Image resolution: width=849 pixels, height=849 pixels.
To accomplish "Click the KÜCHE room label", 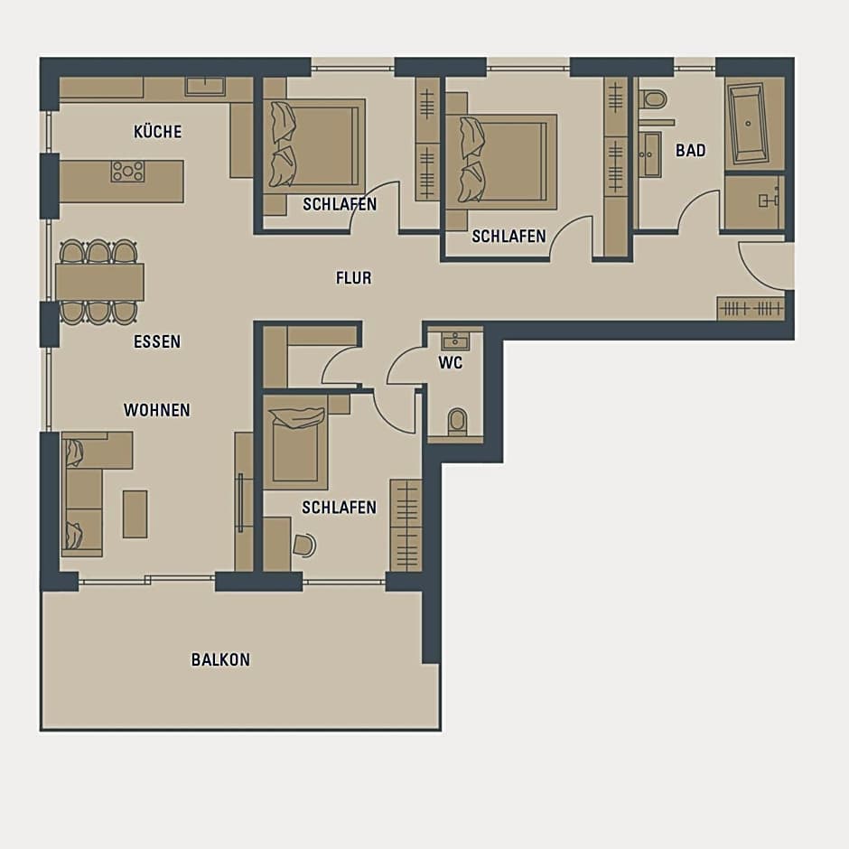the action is pyautogui.click(x=157, y=132).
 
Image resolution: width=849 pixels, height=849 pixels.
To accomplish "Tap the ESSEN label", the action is pyautogui.click(x=157, y=341).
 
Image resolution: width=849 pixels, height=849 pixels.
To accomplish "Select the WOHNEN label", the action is pyautogui.click(x=157, y=410).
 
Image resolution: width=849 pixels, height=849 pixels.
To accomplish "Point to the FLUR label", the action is pyautogui.click(x=353, y=278).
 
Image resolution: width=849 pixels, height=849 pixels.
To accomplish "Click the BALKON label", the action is pyautogui.click(x=221, y=659).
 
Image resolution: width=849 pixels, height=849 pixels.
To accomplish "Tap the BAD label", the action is pyautogui.click(x=691, y=151).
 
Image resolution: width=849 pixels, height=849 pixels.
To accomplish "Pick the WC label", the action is pyautogui.click(x=451, y=363).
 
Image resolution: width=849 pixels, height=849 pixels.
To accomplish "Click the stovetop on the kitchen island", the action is pyautogui.click(x=128, y=171).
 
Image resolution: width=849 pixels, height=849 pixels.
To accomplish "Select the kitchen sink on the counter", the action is pyautogui.click(x=205, y=86).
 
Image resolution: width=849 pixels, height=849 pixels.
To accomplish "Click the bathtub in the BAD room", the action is pyautogui.click(x=748, y=124).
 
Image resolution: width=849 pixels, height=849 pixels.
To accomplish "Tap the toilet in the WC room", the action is pyautogui.click(x=458, y=421).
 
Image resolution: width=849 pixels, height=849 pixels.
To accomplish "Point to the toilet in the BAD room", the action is pyautogui.click(x=652, y=99).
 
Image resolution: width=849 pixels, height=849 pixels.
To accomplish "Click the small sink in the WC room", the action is pyautogui.click(x=455, y=341).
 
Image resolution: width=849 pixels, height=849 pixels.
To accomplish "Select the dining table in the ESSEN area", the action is pyautogui.click(x=100, y=282).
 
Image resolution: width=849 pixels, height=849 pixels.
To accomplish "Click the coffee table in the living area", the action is pyautogui.click(x=135, y=515).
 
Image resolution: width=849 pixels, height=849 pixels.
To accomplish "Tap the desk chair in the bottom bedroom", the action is pyautogui.click(x=305, y=546).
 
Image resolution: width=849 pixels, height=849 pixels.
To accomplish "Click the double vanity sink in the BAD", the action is pyautogui.click(x=649, y=154).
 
